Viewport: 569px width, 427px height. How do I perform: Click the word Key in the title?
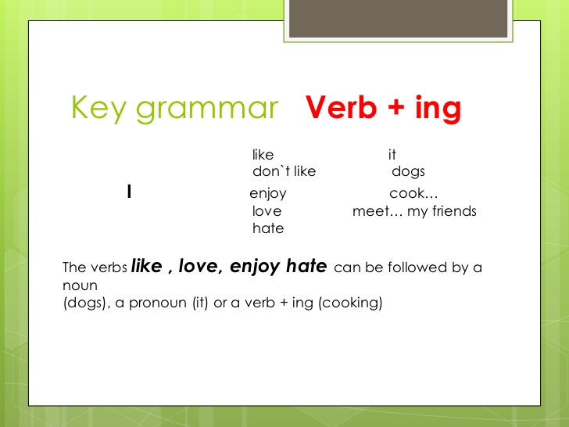pyautogui.click(x=97, y=108)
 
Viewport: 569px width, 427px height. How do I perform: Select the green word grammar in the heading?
pyautogui.click(x=206, y=109)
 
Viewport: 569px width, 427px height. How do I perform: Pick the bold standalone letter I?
pyautogui.click(x=128, y=192)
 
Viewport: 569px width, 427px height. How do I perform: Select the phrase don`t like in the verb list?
pyautogui.click(x=284, y=172)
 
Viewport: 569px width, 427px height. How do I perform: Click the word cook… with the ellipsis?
pyautogui.click(x=413, y=193)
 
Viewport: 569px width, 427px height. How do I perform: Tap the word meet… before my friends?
pyautogui.click(x=378, y=211)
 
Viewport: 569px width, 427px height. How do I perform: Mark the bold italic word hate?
pyautogui.click(x=306, y=266)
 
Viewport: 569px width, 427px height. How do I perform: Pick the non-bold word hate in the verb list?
pyautogui.click(x=268, y=229)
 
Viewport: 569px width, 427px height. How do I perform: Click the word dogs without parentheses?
pyautogui.click(x=408, y=172)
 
